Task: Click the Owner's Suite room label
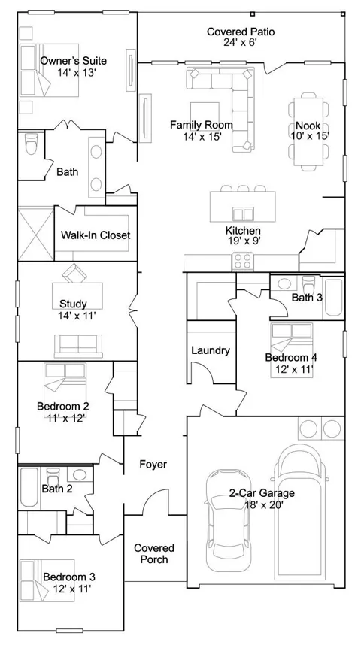73,61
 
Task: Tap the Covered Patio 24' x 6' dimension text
241,42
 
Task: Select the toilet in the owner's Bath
31,144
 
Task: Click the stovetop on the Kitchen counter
243,261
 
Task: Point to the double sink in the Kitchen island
243,214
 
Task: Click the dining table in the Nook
308,131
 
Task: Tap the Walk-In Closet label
96,235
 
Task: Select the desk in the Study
77,295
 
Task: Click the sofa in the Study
78,346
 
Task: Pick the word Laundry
211,350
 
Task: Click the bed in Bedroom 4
292,350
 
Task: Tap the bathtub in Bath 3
333,298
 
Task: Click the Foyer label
153,464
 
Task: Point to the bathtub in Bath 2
29,487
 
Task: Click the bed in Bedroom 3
47,581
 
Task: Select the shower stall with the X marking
36,234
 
